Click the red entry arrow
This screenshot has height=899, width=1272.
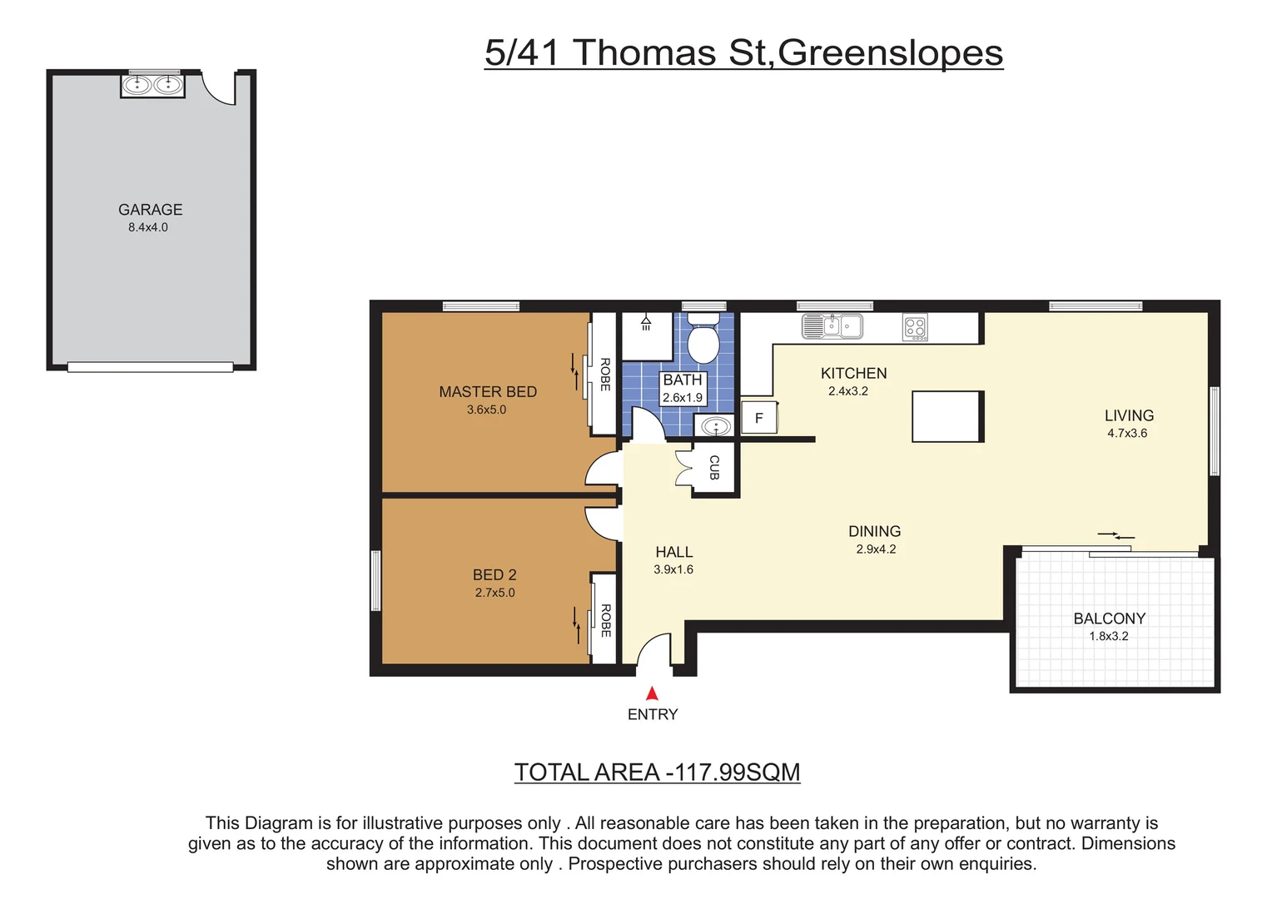652,693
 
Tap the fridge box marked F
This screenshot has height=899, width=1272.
758,418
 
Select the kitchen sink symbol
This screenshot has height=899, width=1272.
832,326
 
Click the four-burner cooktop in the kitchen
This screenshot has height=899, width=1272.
915,328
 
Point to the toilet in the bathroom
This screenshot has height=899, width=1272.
703,340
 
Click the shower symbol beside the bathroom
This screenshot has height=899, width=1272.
646,323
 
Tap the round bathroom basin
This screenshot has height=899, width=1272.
715,427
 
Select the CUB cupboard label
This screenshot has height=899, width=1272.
714,468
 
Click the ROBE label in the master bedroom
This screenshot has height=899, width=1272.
605,375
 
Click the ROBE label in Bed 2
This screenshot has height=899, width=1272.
605,620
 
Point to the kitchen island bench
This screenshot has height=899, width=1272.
947,416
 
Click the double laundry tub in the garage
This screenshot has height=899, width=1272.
152,85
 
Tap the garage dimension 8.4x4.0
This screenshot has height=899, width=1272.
148,227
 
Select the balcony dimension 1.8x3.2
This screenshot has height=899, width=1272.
1109,636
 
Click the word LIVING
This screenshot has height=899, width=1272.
1129,415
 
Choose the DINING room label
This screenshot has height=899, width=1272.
874,531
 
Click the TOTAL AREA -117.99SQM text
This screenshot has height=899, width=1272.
657,772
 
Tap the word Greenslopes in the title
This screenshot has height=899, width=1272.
890,52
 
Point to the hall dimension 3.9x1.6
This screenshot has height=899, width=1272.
673,569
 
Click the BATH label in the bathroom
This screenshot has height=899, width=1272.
683,380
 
